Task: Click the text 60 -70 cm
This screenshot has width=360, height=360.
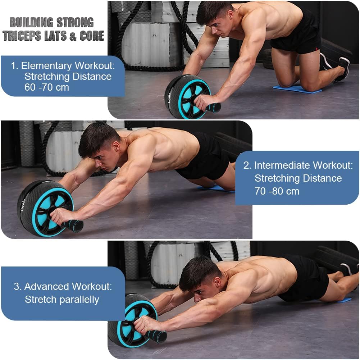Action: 46,87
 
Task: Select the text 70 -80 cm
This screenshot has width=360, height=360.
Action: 277,191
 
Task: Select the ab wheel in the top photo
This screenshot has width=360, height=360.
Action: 187,96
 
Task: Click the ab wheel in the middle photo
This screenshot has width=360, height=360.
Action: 45,208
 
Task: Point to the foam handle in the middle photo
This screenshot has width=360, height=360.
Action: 74,226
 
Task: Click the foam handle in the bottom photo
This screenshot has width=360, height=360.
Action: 156,336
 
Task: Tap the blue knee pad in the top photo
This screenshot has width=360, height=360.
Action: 297,89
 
